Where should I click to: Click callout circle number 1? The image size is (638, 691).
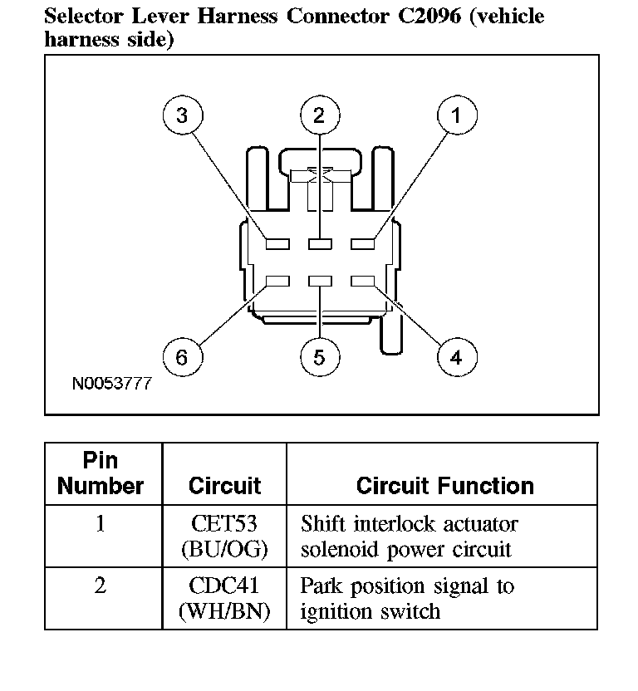[x=455, y=115]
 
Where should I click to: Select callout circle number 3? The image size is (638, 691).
[x=182, y=115]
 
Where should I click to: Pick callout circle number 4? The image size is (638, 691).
[x=455, y=358]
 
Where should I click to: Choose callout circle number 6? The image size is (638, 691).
[x=182, y=358]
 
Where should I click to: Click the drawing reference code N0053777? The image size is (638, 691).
[x=111, y=385]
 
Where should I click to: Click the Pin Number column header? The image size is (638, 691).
[x=101, y=473]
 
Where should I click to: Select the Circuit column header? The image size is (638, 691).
[x=224, y=485]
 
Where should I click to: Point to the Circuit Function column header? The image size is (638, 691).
[x=444, y=485]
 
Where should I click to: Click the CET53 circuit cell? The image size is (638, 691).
[x=224, y=525]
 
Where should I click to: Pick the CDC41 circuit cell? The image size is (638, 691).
[x=224, y=586]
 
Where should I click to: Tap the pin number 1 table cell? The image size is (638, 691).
[x=101, y=525]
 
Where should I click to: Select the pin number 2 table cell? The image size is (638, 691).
[x=101, y=586]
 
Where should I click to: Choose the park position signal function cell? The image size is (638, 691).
[x=407, y=599]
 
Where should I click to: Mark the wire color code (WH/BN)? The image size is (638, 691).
[x=224, y=612]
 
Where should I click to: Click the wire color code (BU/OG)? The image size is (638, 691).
[x=224, y=550]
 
